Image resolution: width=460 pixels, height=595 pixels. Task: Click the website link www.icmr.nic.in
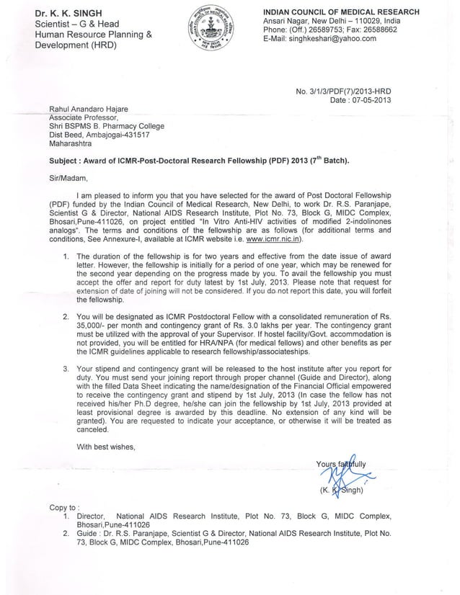(x=260, y=239)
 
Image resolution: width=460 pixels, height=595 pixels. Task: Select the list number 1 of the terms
(x=66, y=256)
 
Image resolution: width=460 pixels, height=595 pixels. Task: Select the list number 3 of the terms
(x=66, y=368)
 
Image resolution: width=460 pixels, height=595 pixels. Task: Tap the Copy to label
(x=64, y=507)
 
